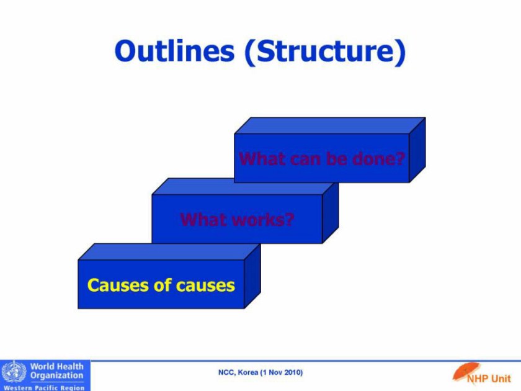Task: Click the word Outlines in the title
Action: click(x=175, y=51)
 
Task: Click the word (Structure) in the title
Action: click(x=325, y=53)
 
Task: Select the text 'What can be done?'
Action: click(x=322, y=159)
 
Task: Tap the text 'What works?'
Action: click(x=237, y=220)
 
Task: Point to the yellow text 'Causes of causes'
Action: click(x=161, y=285)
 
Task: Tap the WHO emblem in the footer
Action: click(x=14, y=371)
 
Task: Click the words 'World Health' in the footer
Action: click(x=57, y=366)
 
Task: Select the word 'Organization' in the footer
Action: click(x=57, y=375)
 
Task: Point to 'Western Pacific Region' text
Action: click(x=44, y=388)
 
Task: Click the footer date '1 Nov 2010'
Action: click(x=282, y=372)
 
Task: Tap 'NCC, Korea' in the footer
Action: click(x=238, y=372)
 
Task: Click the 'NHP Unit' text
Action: click(x=489, y=379)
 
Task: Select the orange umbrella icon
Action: click(x=465, y=371)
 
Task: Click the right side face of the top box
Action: click(x=417, y=150)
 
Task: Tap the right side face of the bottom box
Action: click(x=252, y=276)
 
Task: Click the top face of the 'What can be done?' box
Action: click(x=330, y=125)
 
